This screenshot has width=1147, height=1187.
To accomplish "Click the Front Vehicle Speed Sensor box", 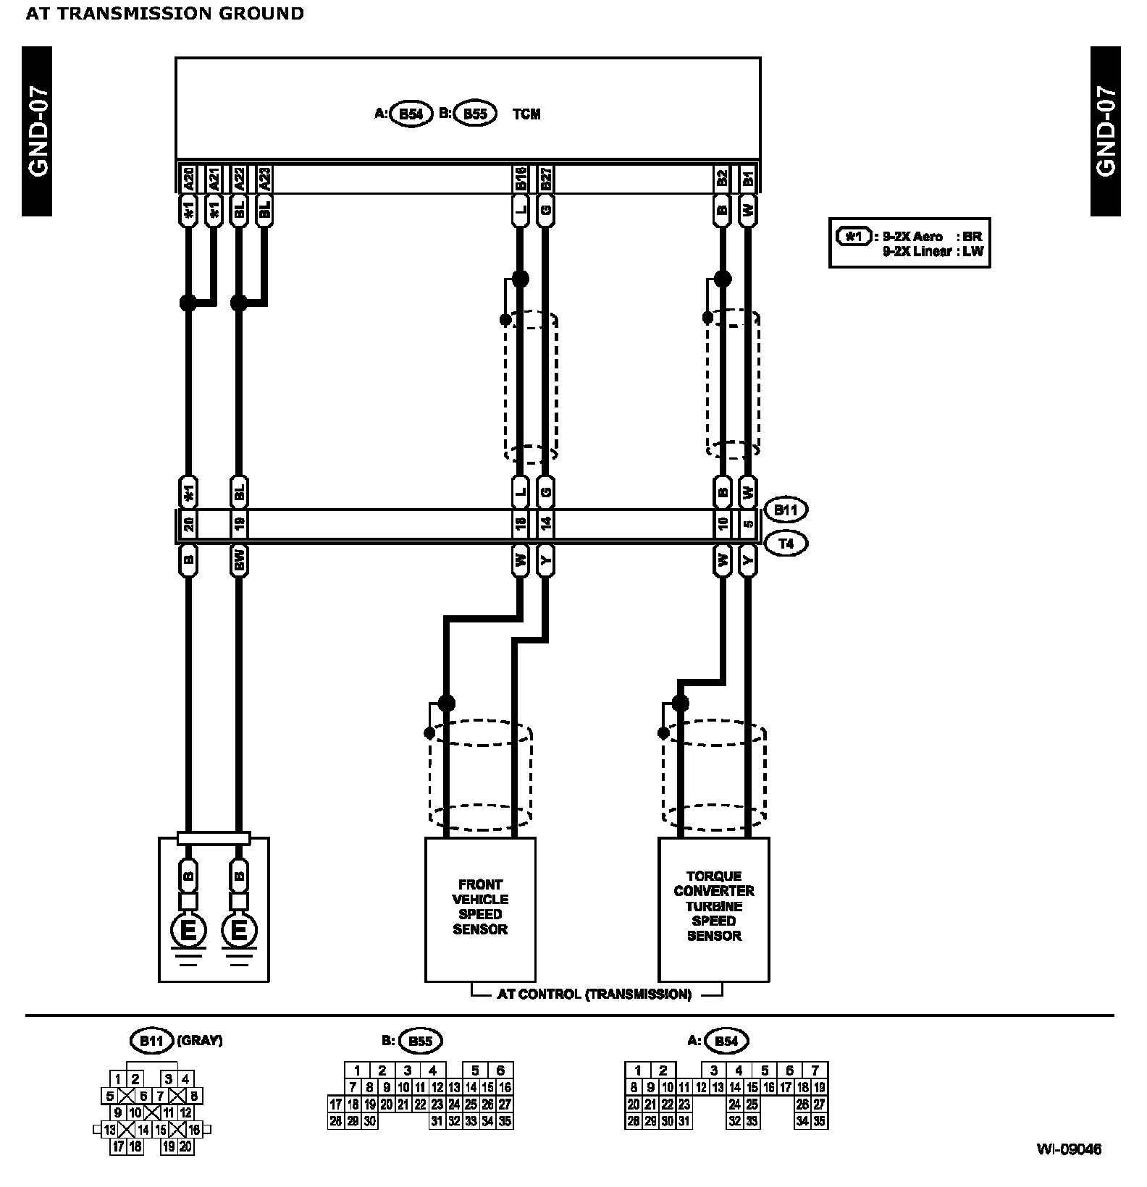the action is tap(480, 908).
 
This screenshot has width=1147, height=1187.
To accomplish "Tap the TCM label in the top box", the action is tap(526, 114).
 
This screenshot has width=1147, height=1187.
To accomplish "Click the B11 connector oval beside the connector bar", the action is tap(786, 510).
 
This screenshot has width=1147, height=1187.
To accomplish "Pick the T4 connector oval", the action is tap(786, 543).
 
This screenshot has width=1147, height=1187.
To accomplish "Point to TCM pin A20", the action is tap(188, 179).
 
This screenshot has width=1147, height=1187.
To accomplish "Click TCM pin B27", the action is tap(546, 179).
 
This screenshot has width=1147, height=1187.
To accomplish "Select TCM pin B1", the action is tap(749, 179).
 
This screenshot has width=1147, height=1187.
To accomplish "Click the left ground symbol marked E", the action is tap(188, 932).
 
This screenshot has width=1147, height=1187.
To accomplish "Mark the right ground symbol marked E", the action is tap(240, 932).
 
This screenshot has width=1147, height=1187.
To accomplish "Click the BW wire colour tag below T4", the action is tap(240, 562).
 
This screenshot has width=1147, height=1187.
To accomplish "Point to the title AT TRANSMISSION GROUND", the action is tap(165, 13).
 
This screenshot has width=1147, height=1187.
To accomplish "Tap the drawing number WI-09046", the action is tap(1068, 1149).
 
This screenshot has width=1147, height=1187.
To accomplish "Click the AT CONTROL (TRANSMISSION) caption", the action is tap(594, 994).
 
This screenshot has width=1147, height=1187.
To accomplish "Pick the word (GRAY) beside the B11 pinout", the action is tap(199, 1041).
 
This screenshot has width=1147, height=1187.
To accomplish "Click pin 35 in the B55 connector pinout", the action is tap(505, 1121).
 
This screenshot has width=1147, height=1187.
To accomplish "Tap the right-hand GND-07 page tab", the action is tap(1105, 130).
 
